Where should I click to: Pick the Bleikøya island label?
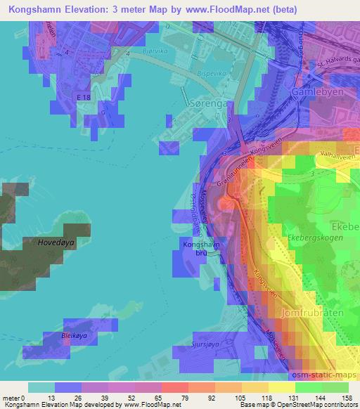[x=79, y=335]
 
